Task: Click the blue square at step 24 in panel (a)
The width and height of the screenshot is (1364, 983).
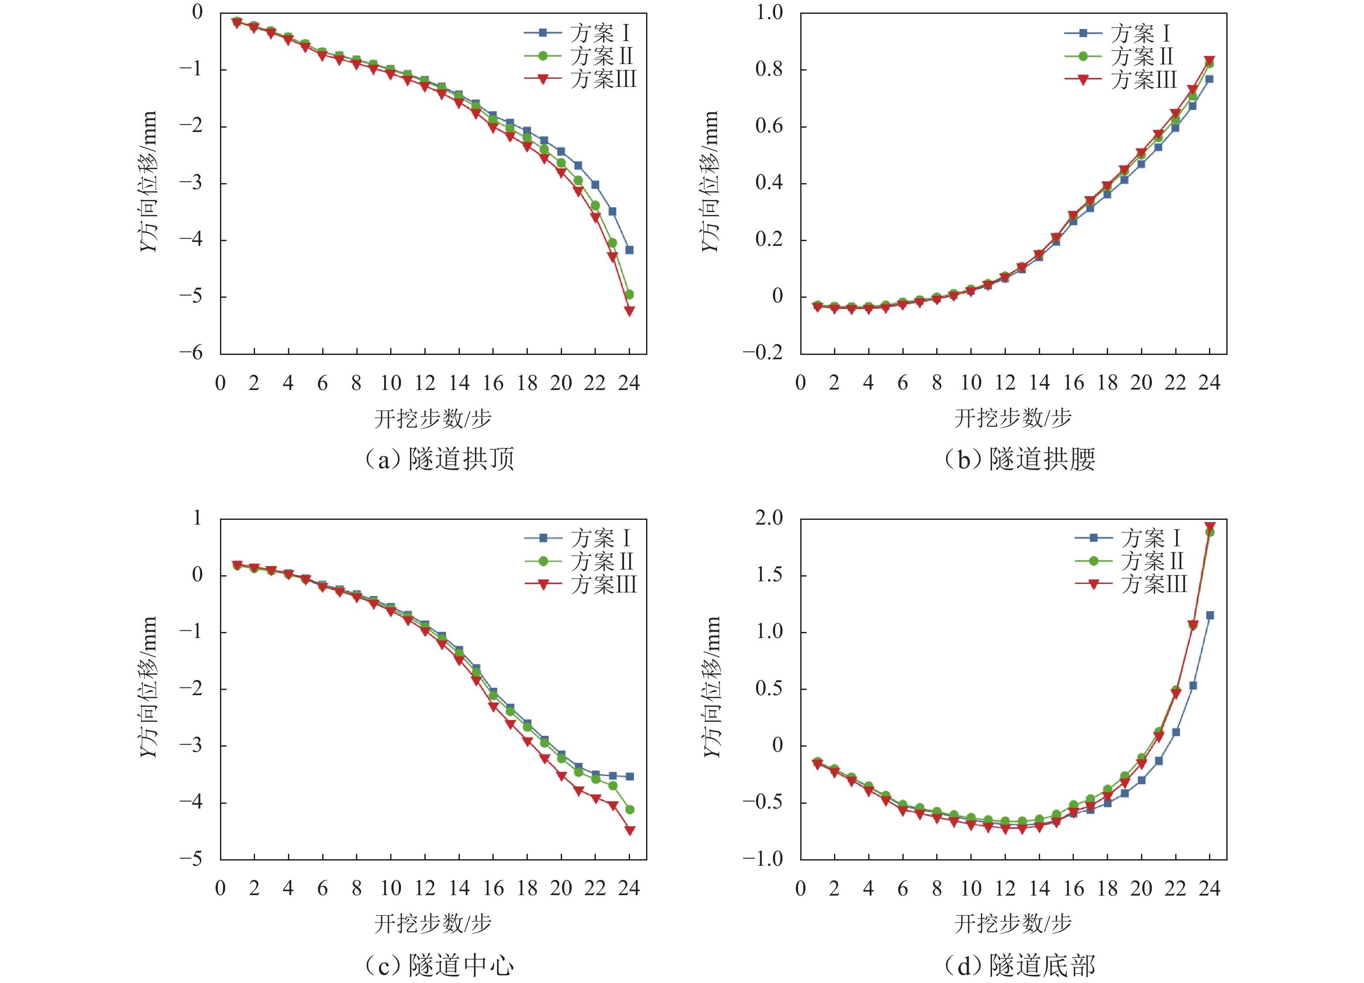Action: coord(630,249)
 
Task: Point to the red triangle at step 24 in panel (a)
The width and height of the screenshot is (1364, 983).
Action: coord(630,311)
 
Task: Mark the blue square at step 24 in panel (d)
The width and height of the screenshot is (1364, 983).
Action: coord(1210,615)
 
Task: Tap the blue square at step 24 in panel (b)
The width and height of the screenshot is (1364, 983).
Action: coord(1209,79)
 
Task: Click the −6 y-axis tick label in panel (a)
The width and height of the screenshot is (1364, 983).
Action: coord(191,353)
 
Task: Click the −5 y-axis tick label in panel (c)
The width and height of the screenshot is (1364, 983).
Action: coord(191,858)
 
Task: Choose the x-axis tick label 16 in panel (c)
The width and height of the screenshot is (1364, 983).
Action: coord(493,888)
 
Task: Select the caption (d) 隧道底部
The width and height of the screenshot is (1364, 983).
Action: coord(1020,965)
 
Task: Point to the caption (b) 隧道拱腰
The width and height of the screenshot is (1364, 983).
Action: coord(1020,459)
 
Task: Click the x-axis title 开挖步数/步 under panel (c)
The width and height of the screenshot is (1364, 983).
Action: coord(433,923)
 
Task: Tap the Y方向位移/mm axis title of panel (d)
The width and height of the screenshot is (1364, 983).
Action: coord(711,686)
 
